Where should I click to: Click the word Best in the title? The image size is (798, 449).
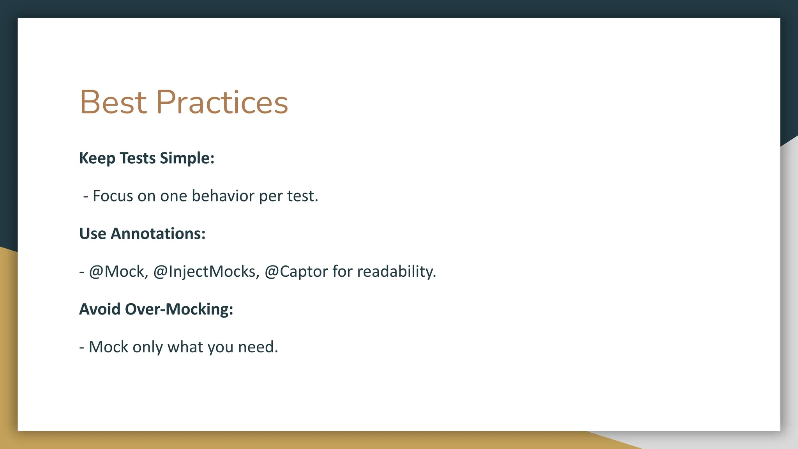pos(113,102)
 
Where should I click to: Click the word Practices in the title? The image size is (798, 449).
pos(222,102)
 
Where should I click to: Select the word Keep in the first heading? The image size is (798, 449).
pos(97,158)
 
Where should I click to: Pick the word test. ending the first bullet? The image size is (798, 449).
pos(303,196)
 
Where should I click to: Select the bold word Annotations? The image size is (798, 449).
pos(158,234)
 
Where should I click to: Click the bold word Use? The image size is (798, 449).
pos(93,234)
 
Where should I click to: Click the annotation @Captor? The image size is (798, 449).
pos(296,272)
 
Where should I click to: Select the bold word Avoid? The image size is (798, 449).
pos(100,309)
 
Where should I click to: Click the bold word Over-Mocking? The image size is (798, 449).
pos(179,309)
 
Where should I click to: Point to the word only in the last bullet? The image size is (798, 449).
pos(148,347)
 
